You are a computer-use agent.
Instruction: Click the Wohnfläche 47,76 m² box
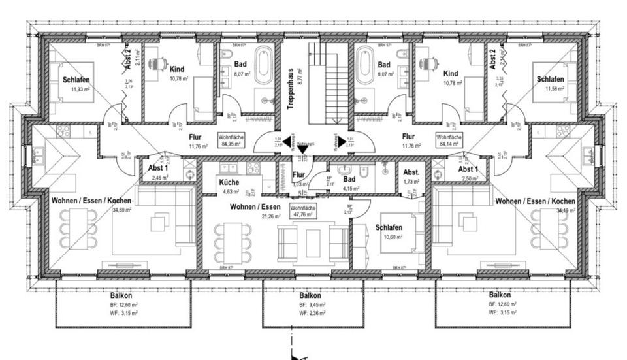[304, 212]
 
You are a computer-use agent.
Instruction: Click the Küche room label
[229, 184]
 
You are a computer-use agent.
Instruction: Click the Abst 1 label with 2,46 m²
[150, 168]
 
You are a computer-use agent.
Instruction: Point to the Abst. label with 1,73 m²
[411, 172]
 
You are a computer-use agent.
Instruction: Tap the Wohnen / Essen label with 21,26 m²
[255, 207]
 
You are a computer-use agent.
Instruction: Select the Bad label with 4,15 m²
[349, 178]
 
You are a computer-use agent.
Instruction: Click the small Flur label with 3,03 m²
[298, 174]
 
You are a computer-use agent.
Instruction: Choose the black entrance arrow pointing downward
[302, 149]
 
